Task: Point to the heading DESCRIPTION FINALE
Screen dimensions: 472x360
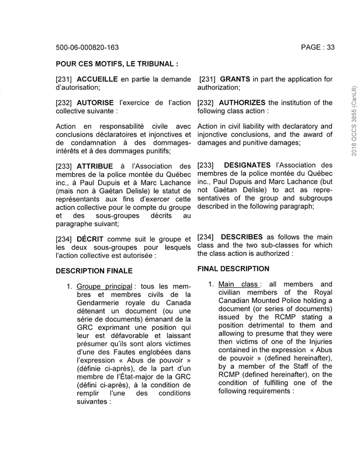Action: point(94,271)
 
